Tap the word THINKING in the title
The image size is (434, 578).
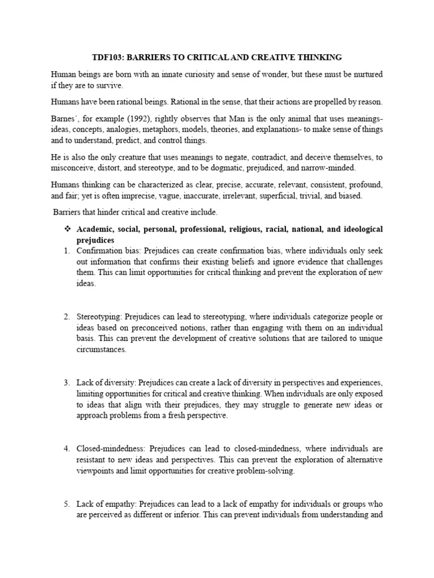coord(322,58)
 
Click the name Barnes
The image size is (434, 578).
coord(65,118)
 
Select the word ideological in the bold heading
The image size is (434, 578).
coord(359,229)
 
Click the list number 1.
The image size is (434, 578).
coord(65,251)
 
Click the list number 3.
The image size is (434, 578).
coord(65,383)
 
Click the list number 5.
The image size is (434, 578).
coord(65,504)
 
